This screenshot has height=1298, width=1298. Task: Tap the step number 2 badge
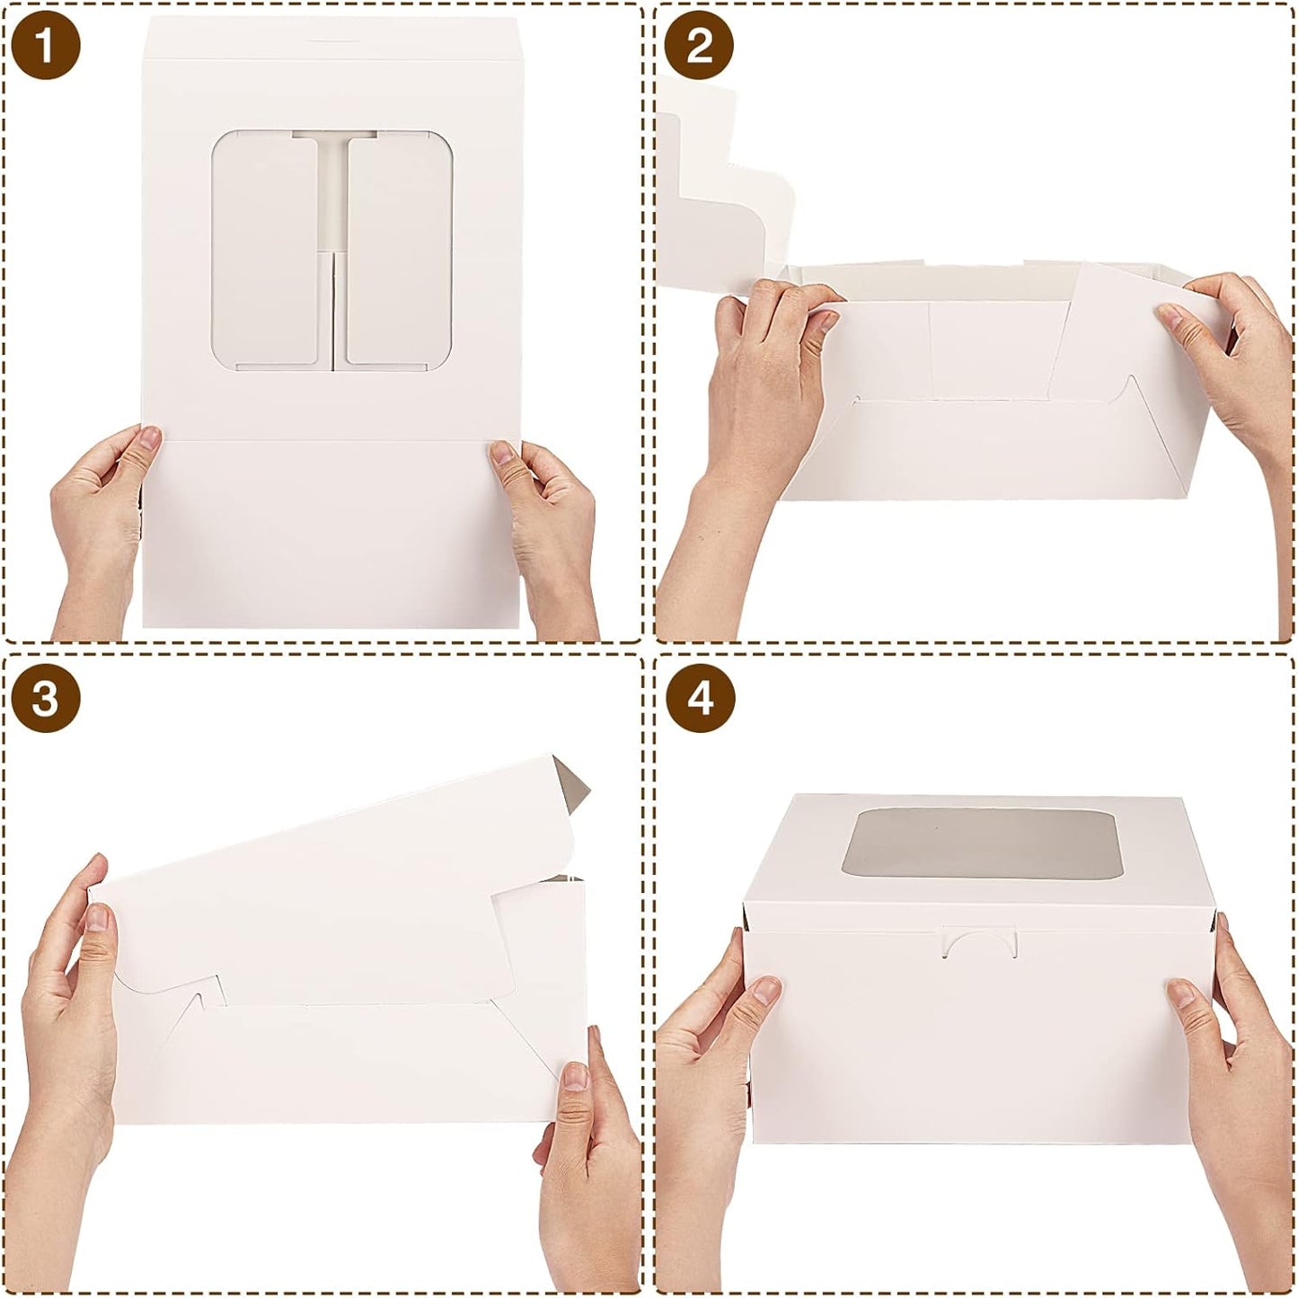(x=699, y=46)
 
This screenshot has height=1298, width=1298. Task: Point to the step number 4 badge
(x=699, y=699)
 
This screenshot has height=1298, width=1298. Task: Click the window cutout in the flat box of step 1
(x=332, y=250)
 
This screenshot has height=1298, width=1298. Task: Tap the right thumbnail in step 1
(x=501, y=453)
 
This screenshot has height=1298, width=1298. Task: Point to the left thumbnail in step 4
(x=765, y=990)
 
